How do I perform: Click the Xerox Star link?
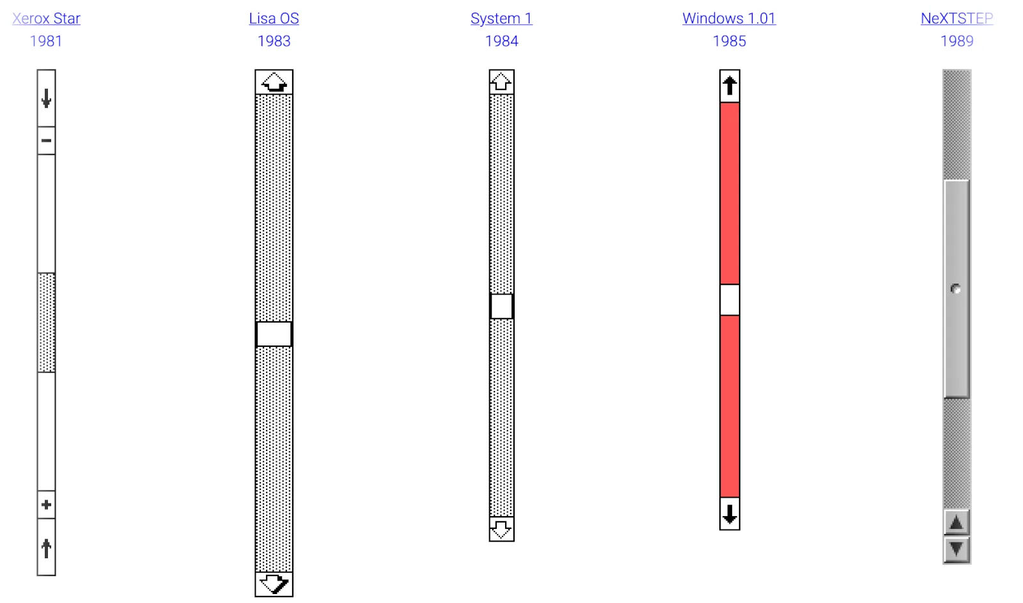[x=46, y=19]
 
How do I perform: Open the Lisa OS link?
[x=274, y=19]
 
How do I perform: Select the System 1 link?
[x=501, y=19]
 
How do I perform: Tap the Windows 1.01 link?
[x=730, y=19]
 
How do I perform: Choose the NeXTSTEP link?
[x=957, y=19]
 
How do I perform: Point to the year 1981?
[x=46, y=41]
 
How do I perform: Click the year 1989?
[x=957, y=41]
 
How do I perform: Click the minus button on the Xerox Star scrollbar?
[x=46, y=141]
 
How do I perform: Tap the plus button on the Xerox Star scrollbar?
[x=46, y=505]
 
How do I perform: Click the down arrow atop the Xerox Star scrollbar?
[x=46, y=98]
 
